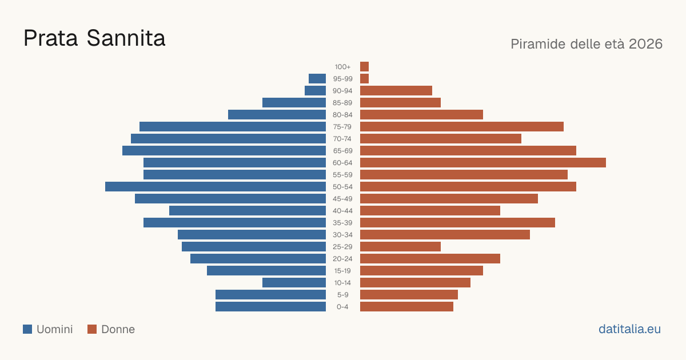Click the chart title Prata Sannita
tap(94, 38)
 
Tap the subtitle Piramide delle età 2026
tap(587, 44)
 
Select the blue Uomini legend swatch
tap(27, 329)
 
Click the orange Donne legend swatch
tap(92, 329)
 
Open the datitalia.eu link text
tap(629, 329)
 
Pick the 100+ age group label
tap(342, 67)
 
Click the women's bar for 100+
tap(365, 66)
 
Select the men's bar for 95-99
tap(317, 79)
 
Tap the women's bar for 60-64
tap(483, 162)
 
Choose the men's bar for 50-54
tap(216, 187)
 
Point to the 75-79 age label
tap(342, 127)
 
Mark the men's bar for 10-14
tap(294, 282)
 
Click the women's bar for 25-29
tap(400, 247)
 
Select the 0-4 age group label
tap(342, 307)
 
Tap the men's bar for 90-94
tap(315, 91)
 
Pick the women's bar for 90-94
tap(396, 91)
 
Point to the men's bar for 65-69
tap(224, 151)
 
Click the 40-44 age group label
tap(342, 211)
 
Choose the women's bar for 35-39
tap(457, 222)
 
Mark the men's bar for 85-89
tap(294, 102)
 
